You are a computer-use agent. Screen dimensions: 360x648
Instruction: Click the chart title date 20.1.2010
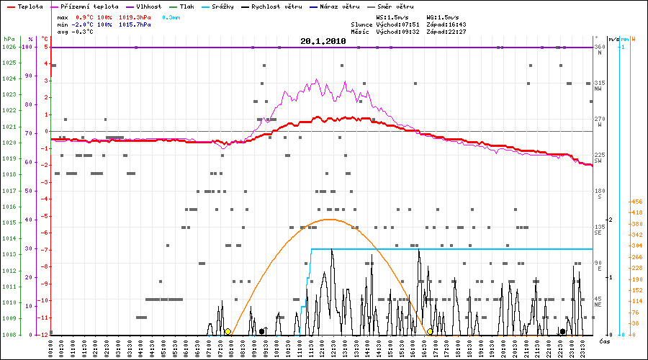pyautogui.click(x=323, y=41)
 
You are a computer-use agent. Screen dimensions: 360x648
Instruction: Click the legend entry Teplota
pyautogui.click(x=26, y=6)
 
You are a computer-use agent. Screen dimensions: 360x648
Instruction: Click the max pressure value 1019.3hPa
pyautogui.click(x=134, y=17)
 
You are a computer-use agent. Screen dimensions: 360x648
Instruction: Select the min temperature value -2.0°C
pyautogui.click(x=85, y=24)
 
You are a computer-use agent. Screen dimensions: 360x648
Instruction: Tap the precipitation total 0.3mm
pyautogui.click(x=171, y=17)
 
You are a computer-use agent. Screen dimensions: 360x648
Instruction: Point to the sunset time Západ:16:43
pyautogui.click(x=446, y=24)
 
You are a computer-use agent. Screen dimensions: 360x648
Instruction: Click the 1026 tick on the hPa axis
pyautogui.click(x=9, y=47)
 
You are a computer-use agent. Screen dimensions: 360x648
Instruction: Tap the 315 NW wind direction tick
pyautogui.click(x=598, y=86)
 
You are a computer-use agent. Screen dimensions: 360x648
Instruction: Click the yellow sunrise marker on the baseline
pyautogui.click(x=228, y=331)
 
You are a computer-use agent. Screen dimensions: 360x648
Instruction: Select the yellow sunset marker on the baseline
pyautogui.click(x=430, y=331)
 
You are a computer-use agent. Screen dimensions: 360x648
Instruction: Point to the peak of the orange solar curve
pyautogui.click(x=329, y=219)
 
